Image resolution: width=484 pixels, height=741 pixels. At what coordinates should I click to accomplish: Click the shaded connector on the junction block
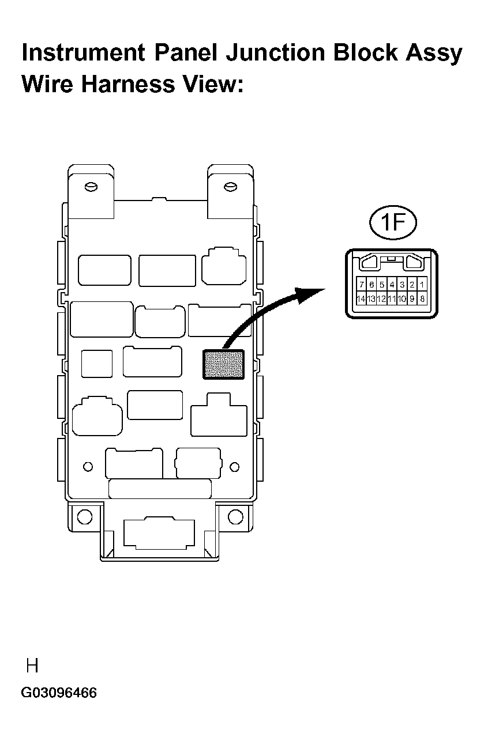223,364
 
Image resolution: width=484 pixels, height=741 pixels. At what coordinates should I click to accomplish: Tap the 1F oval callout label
393,222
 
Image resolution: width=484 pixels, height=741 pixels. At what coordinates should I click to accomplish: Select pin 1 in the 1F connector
422,284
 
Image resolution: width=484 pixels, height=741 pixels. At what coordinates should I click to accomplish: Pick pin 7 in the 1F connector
362,284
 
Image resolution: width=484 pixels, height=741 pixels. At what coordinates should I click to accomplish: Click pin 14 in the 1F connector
361,298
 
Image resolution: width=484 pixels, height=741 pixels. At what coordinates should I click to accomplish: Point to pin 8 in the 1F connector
422,298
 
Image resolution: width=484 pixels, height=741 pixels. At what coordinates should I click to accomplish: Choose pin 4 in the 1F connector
392,284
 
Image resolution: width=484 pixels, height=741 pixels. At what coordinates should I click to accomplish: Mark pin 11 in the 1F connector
392,298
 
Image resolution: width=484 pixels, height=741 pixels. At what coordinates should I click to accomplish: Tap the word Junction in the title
276,53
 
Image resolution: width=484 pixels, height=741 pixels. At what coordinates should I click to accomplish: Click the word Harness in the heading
128,84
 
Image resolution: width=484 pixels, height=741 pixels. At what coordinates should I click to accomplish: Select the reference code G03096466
59,693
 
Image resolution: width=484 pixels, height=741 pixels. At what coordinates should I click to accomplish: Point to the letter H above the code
32,666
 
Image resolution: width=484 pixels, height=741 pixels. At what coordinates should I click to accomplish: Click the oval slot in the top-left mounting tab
91,187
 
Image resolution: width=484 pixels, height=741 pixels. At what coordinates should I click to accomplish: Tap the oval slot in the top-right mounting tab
231,187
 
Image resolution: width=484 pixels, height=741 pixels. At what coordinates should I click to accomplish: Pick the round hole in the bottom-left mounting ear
85,517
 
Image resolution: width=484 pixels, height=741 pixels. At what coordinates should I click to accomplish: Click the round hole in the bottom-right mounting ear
235,517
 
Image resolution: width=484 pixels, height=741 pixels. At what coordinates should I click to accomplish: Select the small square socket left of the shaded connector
97,364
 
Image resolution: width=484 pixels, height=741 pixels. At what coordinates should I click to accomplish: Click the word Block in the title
365,52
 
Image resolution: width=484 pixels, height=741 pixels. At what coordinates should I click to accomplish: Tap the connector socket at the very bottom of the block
159,532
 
